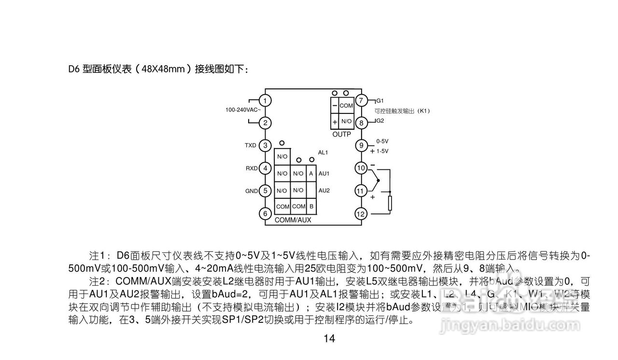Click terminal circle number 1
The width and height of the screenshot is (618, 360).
pyautogui.click(x=265, y=100)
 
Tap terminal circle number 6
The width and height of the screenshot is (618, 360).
pyautogui.click(x=265, y=213)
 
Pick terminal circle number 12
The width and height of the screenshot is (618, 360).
pyautogui.click(x=361, y=213)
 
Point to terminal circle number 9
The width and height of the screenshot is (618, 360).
pyautogui.click(x=361, y=145)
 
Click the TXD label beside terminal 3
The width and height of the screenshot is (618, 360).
pyautogui.click(x=251, y=145)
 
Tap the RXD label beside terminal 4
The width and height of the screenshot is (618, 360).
pyautogui.click(x=252, y=168)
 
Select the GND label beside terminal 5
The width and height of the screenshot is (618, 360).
pyautogui.click(x=252, y=191)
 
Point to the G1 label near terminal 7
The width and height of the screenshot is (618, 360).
pyautogui.click(x=380, y=101)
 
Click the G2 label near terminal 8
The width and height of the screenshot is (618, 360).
pyautogui.click(x=380, y=121)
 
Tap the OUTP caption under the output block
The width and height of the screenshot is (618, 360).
pyautogui.click(x=342, y=134)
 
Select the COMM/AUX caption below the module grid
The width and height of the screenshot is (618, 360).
pyautogui.click(x=293, y=220)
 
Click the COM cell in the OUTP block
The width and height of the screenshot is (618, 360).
pyautogui.click(x=346, y=106)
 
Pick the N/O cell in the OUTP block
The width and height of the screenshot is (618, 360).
pyautogui.click(x=346, y=121)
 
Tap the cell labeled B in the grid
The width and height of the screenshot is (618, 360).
pyautogui.click(x=311, y=207)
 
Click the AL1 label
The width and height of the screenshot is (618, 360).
pyautogui.click(x=323, y=152)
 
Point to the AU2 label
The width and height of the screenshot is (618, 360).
pyautogui.click(x=324, y=191)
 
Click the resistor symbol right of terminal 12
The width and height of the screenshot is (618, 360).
pyautogui.click(x=390, y=204)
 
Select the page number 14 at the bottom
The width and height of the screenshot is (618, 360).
pyautogui.click(x=329, y=339)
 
